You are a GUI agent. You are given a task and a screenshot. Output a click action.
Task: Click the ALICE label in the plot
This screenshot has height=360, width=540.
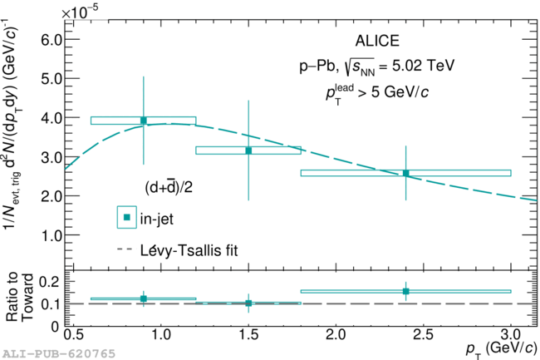(377, 41)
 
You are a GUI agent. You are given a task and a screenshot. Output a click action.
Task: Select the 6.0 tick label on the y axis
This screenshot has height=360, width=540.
(52, 40)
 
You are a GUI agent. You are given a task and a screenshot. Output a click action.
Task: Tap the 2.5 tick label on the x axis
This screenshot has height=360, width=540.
(423, 334)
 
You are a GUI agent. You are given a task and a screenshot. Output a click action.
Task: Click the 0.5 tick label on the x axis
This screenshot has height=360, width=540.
(73, 334)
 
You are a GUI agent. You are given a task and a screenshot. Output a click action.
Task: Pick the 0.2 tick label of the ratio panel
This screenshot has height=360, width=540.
(49, 282)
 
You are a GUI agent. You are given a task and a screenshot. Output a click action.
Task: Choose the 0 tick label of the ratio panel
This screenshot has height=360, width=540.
(55, 326)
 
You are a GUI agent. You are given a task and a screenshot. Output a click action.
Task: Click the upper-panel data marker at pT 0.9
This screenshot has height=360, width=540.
(144, 121)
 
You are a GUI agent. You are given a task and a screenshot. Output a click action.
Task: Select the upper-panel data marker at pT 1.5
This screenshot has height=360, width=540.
(248, 150)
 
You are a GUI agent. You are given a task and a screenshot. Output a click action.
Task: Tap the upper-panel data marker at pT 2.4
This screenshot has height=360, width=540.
(405, 173)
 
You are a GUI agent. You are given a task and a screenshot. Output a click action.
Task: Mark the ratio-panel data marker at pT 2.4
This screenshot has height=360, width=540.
(405, 292)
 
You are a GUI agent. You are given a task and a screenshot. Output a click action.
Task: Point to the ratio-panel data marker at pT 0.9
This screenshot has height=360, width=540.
(144, 298)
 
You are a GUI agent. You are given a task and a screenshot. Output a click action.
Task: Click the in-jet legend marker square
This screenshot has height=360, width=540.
(127, 217)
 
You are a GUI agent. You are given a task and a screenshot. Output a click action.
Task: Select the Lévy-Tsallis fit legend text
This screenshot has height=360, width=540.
(189, 250)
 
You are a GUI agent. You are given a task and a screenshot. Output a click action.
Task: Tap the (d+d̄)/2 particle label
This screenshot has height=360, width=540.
(169, 187)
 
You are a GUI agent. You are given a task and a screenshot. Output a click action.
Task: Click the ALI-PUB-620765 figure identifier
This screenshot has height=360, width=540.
(58, 354)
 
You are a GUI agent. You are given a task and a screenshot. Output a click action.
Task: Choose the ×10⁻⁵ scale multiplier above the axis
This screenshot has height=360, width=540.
(80, 12)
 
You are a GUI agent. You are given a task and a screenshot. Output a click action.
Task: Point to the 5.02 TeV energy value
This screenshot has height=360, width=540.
(423, 65)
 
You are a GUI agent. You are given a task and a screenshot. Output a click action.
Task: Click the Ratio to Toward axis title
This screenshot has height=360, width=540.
(19, 297)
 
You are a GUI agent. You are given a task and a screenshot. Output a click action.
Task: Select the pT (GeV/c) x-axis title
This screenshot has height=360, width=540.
(502, 350)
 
